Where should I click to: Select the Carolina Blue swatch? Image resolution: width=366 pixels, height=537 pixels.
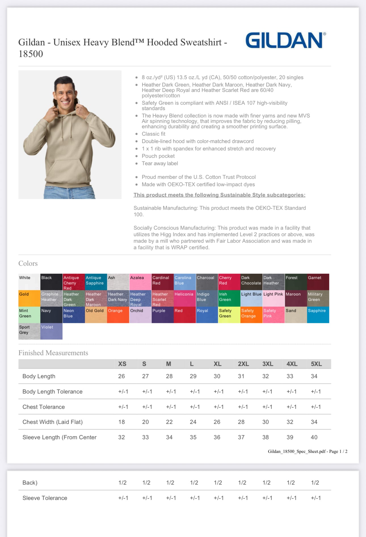point(185,282)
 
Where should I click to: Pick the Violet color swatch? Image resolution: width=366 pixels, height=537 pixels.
point(51,331)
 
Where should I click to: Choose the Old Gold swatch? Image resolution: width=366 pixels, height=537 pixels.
point(96,315)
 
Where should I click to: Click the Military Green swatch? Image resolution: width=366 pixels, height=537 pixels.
point(318,298)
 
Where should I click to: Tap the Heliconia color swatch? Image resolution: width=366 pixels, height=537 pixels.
point(185,298)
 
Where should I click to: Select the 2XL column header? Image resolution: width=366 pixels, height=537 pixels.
point(243,364)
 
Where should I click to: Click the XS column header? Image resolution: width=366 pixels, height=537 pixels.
point(122,364)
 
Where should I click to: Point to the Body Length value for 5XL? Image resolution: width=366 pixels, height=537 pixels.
point(314,376)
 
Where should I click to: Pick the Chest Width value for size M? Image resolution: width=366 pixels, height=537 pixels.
point(169,422)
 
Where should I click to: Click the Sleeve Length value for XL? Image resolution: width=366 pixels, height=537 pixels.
point(217,437)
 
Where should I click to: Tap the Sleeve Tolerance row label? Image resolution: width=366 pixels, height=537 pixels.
point(45,498)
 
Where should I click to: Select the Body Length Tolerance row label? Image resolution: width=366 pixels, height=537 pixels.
point(52,392)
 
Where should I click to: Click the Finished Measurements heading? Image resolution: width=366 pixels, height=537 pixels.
point(53,353)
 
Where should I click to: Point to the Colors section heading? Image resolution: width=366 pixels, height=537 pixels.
point(28,263)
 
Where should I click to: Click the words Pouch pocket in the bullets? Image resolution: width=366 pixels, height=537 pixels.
point(158,156)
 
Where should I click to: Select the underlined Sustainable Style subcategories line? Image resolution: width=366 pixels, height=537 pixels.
point(219,195)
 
